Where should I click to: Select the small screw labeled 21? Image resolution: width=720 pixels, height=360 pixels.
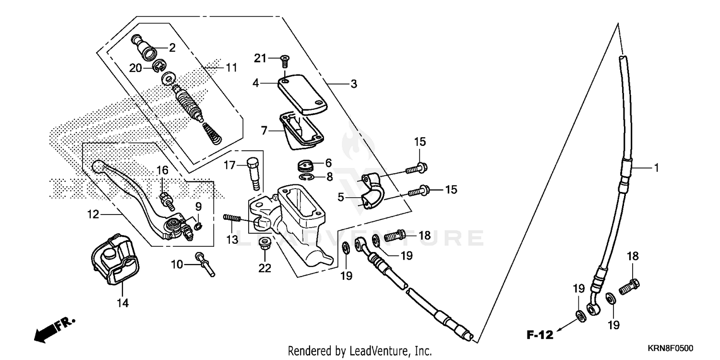coord(284,60)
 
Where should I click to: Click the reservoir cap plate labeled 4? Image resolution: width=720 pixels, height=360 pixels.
coord(303,93)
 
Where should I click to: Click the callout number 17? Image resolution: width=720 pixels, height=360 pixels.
coord(229,165)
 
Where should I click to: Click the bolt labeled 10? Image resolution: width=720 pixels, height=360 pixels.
coord(204,264)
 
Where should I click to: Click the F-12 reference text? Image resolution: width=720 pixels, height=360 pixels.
coord(539,333)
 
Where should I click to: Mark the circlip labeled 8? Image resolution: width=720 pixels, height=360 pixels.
coord(312,178)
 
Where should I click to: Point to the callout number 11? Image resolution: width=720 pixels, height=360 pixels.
coord(232,68)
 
